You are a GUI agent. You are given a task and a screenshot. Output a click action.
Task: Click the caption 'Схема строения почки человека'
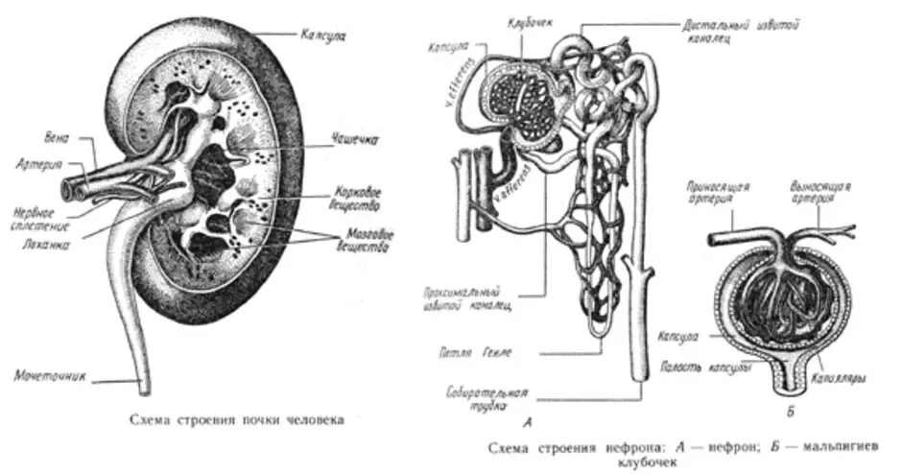pos(234,418)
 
